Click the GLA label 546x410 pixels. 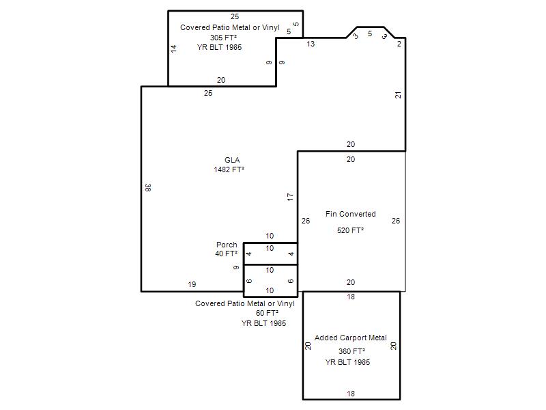point(232,160)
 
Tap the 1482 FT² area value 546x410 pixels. point(229,169)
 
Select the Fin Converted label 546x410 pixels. point(350,214)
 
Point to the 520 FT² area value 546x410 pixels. point(350,230)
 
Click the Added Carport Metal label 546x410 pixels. point(351,338)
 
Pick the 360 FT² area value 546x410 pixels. point(351,351)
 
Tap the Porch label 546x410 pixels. point(227,245)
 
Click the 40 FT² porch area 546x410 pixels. point(227,254)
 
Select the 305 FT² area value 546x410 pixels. point(223,38)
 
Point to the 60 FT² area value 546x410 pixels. point(267,313)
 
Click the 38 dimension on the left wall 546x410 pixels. point(148,187)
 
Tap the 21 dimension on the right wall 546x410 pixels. point(398,95)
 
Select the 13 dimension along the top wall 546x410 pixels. point(311,44)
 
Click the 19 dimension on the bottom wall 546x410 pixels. point(192,284)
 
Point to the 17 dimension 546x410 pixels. point(290,197)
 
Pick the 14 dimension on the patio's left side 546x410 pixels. point(173,49)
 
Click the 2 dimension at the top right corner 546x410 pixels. point(399,44)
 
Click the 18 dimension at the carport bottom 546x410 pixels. point(351,394)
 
